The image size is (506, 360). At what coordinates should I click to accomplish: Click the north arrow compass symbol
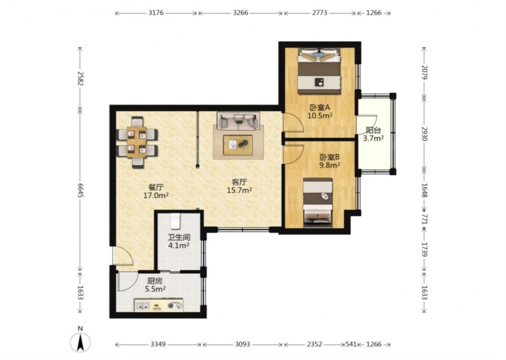pyautogui.click(x=80, y=342)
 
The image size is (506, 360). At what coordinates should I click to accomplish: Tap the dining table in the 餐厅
pyautogui.click(x=137, y=142)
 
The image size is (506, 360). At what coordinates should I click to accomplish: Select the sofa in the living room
pyautogui.click(x=238, y=121)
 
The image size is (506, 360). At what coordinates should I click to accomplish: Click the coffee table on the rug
pyautogui.click(x=238, y=145)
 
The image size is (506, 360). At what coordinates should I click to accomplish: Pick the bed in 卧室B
pyautogui.click(x=318, y=203)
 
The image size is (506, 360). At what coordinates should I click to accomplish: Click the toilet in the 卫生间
pyautogui.click(x=175, y=221)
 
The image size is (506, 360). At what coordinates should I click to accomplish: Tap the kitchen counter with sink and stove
pyautogui.click(x=159, y=305)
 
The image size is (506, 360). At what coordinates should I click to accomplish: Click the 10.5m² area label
pyautogui.click(x=320, y=115)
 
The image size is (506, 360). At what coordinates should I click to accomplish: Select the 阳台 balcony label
pyautogui.click(x=373, y=131)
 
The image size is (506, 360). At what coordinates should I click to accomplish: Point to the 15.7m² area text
pyautogui.click(x=239, y=190)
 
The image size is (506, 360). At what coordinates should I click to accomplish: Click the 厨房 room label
pyautogui.click(x=155, y=281)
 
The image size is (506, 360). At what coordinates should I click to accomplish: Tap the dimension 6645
pyautogui.click(x=80, y=192)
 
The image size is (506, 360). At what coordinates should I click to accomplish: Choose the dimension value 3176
pyautogui.click(x=156, y=13)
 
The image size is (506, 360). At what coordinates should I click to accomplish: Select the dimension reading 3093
pyautogui.click(x=242, y=344)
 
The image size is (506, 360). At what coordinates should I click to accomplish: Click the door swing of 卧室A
pyautogui.click(x=293, y=122)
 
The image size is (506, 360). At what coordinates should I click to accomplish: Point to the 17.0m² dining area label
pyautogui.click(x=156, y=195)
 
